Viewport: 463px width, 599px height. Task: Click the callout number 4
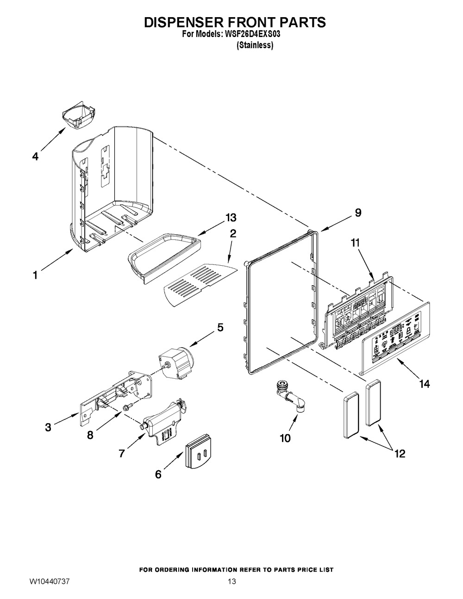coord(35,157)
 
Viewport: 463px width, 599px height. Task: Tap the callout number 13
coord(231,218)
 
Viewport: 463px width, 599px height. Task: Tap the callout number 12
coord(399,454)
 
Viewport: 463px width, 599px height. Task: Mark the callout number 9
coord(358,213)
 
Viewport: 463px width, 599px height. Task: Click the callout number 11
coord(355,243)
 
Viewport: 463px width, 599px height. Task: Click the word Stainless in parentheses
coord(255,45)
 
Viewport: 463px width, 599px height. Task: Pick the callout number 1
coord(35,275)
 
